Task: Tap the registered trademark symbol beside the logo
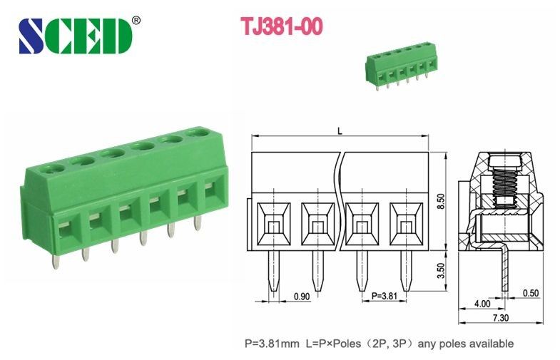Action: (x=136, y=19)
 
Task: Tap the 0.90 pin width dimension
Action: (x=302, y=296)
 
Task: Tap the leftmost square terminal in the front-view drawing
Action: (x=273, y=224)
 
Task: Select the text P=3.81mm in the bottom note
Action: (x=270, y=344)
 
